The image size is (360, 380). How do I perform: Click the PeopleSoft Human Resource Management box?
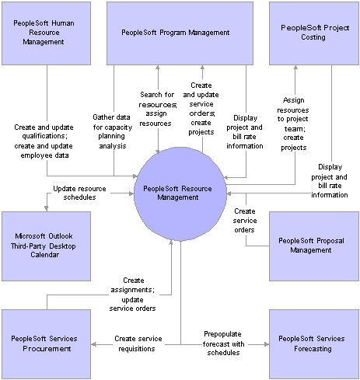click(47, 33)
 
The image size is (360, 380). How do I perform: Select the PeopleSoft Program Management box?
click(180, 33)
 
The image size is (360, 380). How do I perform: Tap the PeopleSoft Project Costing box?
click(314, 33)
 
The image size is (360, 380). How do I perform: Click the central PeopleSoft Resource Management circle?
click(180, 193)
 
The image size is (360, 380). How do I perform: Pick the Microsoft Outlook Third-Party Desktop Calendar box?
click(47, 246)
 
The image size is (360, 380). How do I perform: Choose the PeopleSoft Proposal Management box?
click(314, 246)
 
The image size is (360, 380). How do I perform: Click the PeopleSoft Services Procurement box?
click(47, 344)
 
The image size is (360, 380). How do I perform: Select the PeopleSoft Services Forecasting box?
click(314, 344)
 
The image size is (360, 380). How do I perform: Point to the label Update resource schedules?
click(79, 193)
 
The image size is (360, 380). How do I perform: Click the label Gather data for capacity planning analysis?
click(113, 131)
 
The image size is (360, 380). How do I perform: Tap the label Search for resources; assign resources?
click(158, 109)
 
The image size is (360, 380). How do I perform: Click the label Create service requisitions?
click(138, 343)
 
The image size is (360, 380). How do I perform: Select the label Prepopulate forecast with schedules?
click(223, 343)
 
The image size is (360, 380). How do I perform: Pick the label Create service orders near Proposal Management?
click(245, 221)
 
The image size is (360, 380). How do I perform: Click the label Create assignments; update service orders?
click(132, 295)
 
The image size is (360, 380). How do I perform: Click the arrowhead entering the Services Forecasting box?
click(267, 344)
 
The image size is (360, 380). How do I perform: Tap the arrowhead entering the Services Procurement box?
click(94, 344)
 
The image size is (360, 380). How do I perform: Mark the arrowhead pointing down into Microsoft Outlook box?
click(47, 209)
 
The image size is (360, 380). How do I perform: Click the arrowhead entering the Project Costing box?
click(295, 68)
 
